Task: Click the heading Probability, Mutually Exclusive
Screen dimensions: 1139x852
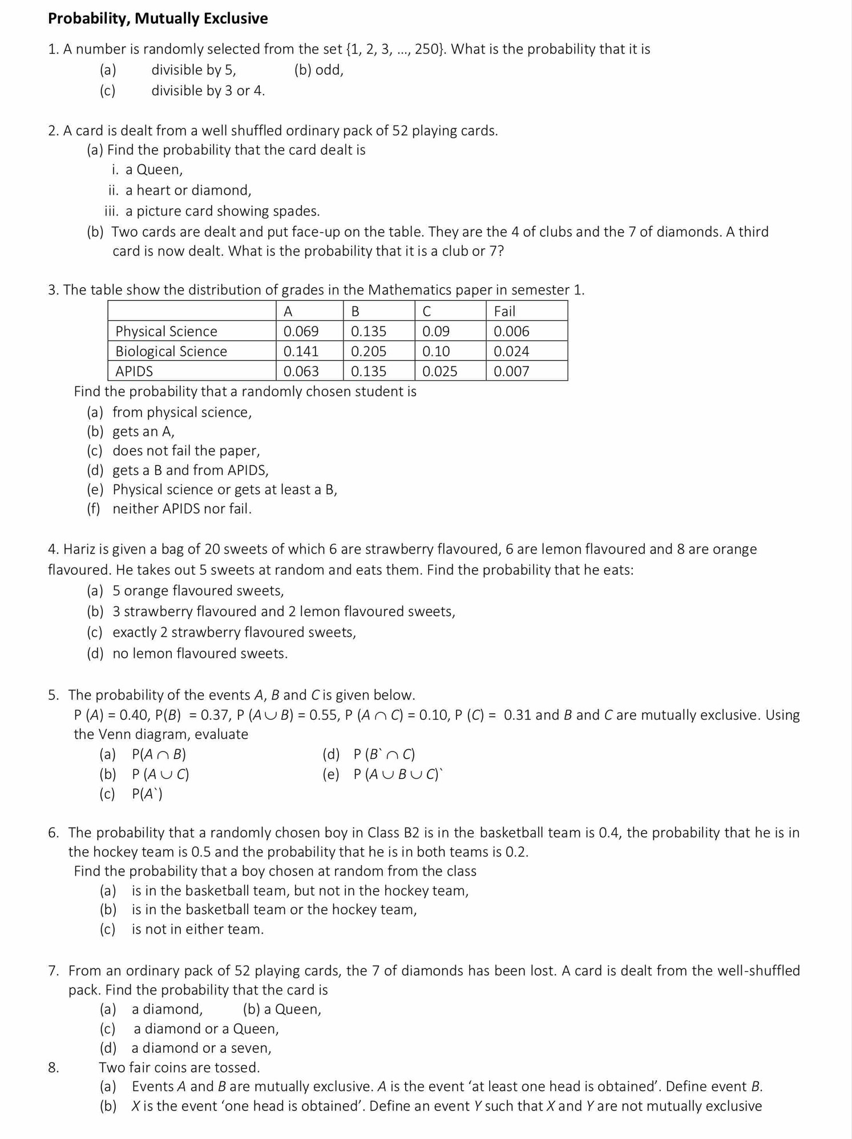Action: point(158,18)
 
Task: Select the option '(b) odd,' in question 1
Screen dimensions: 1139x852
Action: point(318,70)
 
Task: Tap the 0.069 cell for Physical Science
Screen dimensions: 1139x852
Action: point(301,332)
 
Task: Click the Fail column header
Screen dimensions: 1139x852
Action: point(504,312)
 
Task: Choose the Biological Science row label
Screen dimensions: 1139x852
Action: point(171,352)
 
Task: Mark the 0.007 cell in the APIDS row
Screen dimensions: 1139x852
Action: point(511,371)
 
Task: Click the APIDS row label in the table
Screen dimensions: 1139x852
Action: point(134,371)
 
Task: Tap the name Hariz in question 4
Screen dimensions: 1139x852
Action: point(79,549)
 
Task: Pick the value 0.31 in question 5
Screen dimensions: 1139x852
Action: point(518,715)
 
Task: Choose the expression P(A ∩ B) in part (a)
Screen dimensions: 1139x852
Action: point(159,754)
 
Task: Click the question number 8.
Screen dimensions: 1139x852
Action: point(53,1068)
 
